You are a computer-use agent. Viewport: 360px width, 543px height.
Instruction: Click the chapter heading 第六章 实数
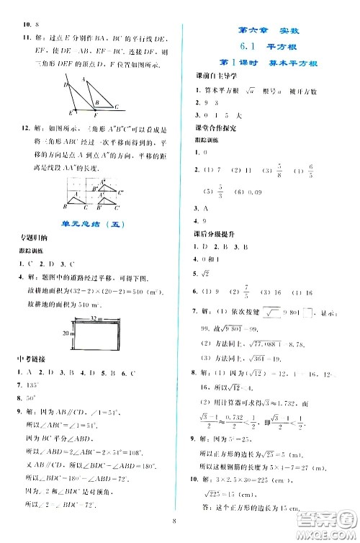tap(261, 30)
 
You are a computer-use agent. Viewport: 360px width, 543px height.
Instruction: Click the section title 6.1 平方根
tap(261, 46)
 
